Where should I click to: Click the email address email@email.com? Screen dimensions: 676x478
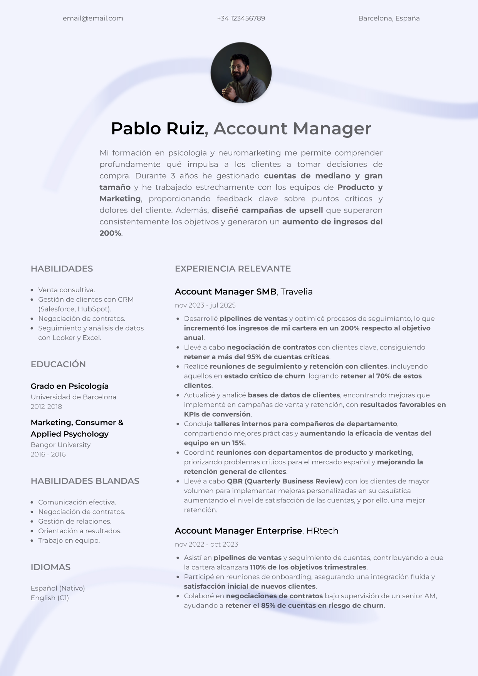[93, 18]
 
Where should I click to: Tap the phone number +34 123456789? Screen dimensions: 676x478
[241, 18]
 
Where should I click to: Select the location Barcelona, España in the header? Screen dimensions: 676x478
[389, 18]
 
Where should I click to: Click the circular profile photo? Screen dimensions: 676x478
[241, 73]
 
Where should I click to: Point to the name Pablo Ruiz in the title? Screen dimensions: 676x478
[157, 129]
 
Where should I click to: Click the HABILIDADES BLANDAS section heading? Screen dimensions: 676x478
[85, 481]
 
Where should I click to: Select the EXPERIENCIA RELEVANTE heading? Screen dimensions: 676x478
[233, 269]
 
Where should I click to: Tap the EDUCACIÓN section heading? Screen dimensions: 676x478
[58, 364]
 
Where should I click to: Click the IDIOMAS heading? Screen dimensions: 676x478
[50, 567]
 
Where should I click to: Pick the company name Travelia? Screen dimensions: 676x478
[296, 292]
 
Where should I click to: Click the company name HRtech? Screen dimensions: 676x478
[322, 531]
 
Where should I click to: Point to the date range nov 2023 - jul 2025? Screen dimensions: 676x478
[205, 305]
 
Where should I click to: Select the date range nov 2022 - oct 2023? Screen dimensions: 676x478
[206, 544]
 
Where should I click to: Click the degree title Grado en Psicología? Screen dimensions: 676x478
[70, 386]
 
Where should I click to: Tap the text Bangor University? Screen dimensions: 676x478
[60, 445]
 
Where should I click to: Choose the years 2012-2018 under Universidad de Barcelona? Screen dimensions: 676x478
[46, 407]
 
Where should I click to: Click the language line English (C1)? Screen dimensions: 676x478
[50, 598]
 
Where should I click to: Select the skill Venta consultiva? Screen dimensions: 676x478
[66, 290]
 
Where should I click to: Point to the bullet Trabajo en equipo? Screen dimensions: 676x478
[69, 540]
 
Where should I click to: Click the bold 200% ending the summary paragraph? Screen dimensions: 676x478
[110, 233]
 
